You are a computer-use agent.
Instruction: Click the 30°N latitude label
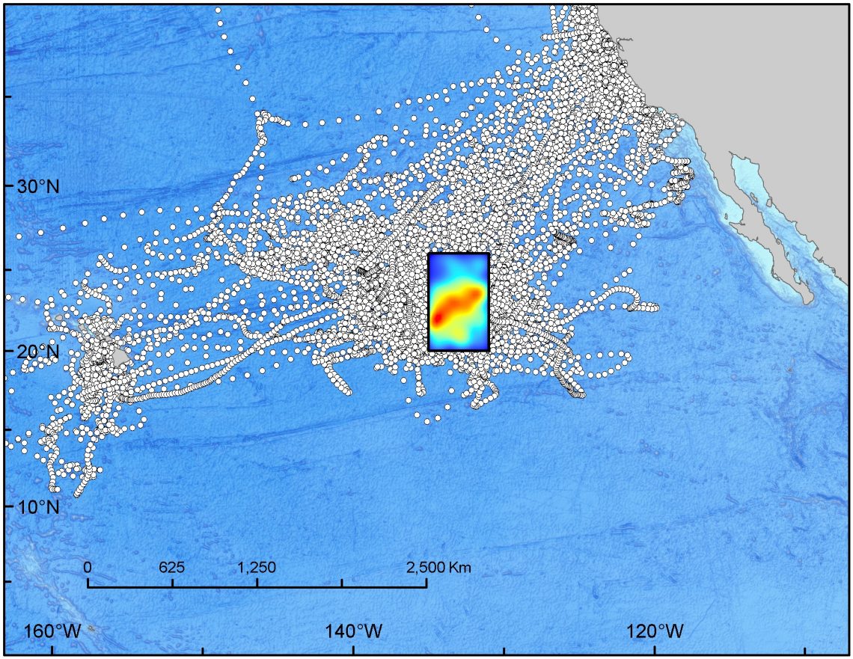click(37, 186)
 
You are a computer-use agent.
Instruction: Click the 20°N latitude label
click(37, 351)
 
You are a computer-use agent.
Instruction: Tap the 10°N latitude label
click(37, 506)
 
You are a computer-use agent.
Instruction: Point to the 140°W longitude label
click(352, 631)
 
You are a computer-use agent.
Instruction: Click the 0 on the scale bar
click(88, 567)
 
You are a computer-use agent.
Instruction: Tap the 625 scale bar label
click(172, 567)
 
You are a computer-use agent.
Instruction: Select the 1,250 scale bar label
click(257, 567)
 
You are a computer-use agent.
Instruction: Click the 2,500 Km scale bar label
click(438, 567)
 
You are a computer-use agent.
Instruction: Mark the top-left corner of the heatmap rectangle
click(429, 254)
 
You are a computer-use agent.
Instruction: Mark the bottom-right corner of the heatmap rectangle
click(489, 350)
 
